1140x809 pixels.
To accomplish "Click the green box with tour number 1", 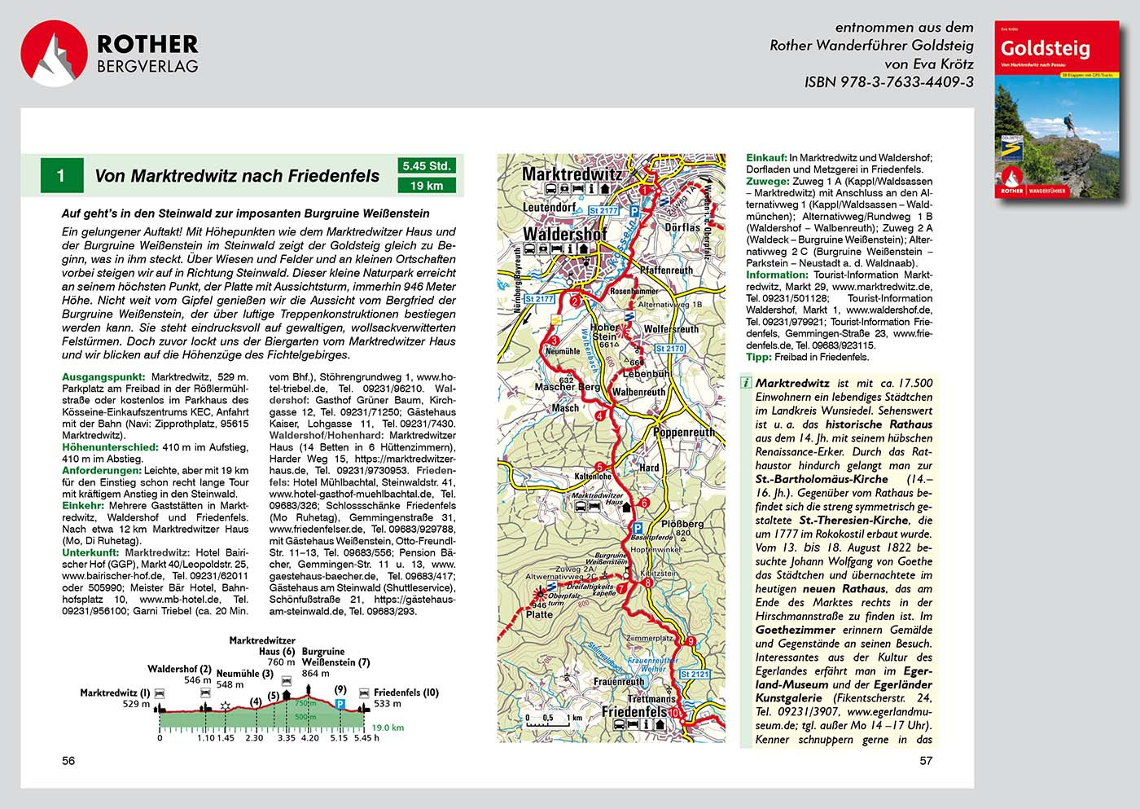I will click(61, 175).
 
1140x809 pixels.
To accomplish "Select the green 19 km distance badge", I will click(427, 186).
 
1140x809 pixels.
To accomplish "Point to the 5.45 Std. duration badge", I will click(427, 166).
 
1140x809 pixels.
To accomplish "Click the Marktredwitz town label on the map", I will click(571, 174).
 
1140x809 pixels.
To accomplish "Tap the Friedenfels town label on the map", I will click(634, 711).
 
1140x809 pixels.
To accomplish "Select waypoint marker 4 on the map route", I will click(601, 415).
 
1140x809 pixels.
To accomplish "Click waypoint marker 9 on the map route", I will click(691, 641).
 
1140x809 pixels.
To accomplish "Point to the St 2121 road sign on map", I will click(695, 674).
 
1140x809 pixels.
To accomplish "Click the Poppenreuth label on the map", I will click(684, 432).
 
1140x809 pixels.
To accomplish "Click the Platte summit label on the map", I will click(539, 614).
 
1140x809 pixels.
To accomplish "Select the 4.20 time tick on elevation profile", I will click(310, 738).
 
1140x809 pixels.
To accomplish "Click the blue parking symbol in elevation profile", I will click(341, 703).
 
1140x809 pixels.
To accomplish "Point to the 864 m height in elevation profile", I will click(315, 674).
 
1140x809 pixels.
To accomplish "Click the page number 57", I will click(926, 761).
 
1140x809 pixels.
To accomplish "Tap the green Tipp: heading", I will click(759, 357).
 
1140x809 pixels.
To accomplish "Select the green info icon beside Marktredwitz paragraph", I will click(746, 383).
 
